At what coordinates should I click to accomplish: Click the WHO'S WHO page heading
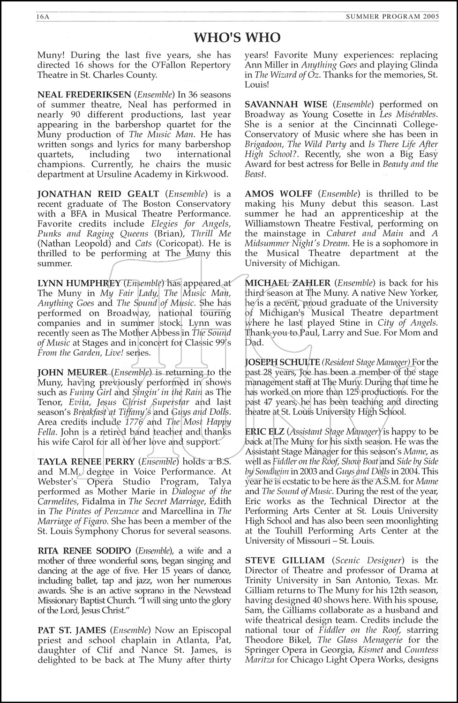coord(237,37)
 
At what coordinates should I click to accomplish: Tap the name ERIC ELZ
coord(263,432)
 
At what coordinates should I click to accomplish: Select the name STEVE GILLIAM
coord(285,561)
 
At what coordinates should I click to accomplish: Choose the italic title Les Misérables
coord(408,114)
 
